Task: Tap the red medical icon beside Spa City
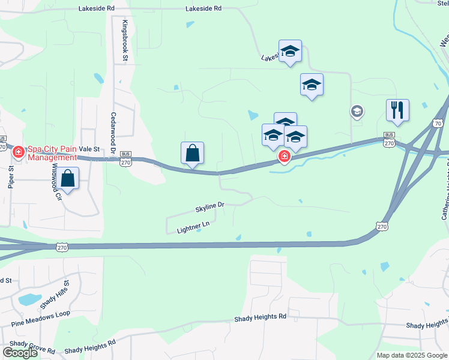click(x=19, y=152)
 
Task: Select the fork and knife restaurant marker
click(x=397, y=110)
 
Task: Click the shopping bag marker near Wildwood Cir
click(x=68, y=179)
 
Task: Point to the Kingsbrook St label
click(x=125, y=41)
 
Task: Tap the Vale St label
click(x=88, y=149)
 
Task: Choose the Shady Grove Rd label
click(x=32, y=346)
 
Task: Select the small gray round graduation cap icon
click(x=357, y=111)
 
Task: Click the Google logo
click(x=20, y=353)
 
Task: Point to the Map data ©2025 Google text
click(x=412, y=355)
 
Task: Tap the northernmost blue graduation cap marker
click(x=290, y=51)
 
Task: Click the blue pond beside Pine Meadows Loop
click(x=29, y=299)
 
